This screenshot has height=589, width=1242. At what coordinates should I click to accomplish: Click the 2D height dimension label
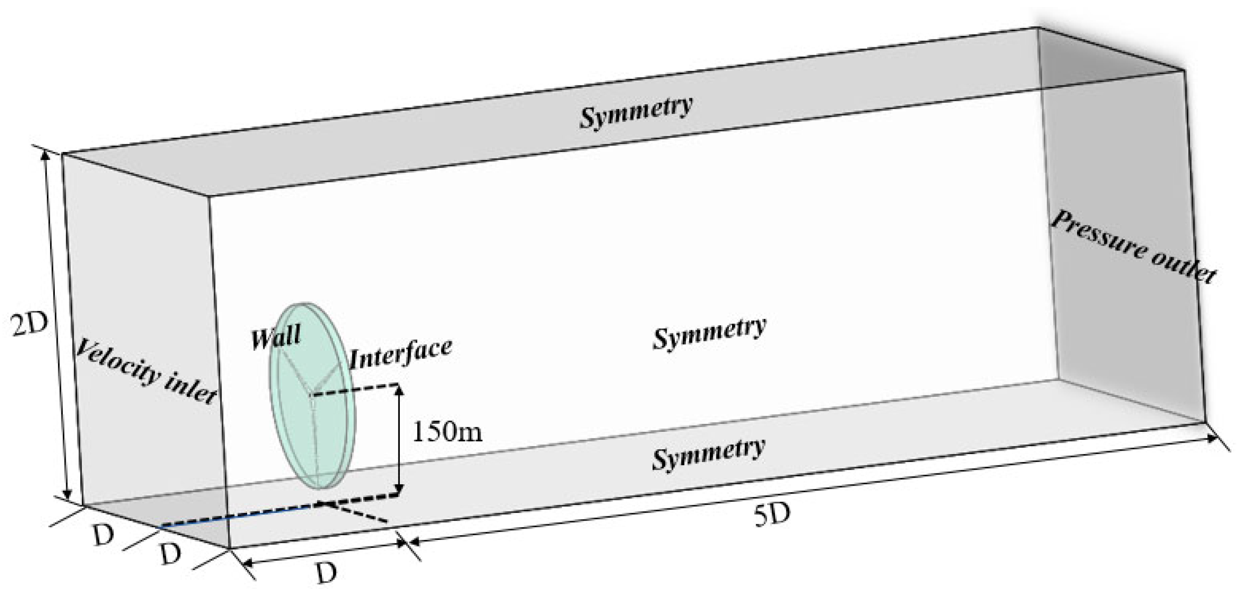coord(30,326)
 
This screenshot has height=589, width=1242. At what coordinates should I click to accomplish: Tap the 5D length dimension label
coord(772,516)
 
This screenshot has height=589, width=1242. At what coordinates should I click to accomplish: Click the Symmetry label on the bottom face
coord(708,452)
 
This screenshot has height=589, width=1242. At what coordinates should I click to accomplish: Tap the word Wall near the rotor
coord(276,336)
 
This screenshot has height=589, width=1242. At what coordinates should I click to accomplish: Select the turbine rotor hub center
coord(311,395)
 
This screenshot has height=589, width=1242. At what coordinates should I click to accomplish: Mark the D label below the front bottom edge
coord(327,572)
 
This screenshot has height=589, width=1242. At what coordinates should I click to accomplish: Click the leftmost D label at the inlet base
coord(103,536)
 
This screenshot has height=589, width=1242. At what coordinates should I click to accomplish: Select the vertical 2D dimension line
coord(57,326)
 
